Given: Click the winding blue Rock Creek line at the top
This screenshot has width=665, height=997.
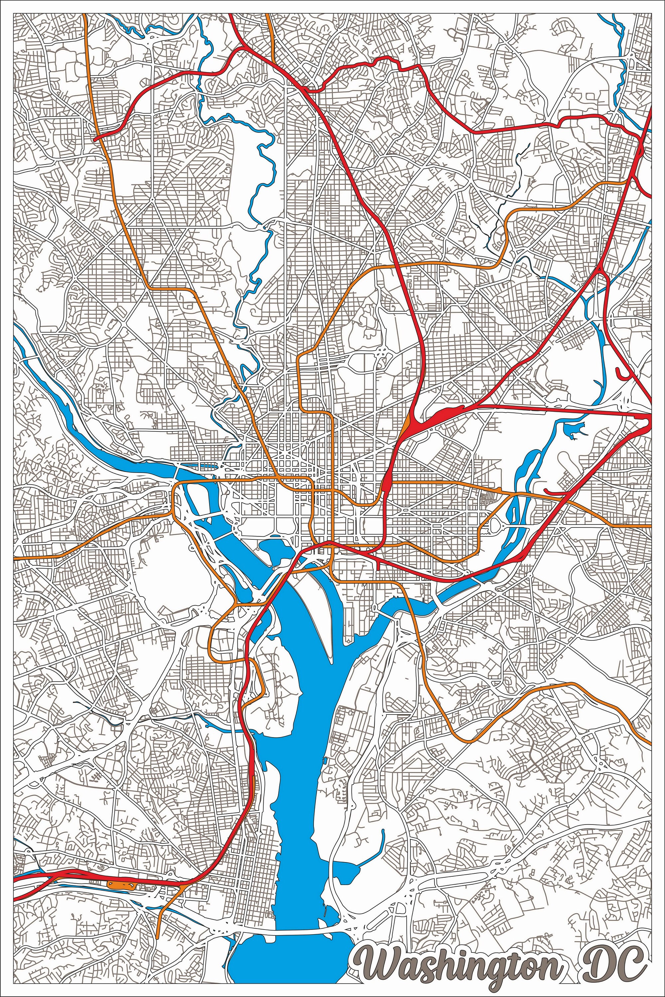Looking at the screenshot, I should point(259,169).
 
